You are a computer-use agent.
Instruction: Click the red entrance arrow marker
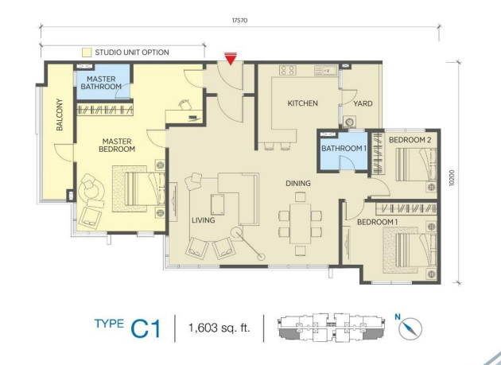tap(230, 59)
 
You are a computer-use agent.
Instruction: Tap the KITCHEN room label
tap(302, 103)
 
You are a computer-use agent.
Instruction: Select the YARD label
tap(363, 103)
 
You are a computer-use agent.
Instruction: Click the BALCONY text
tap(60, 115)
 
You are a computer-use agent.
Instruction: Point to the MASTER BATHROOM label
tap(101, 83)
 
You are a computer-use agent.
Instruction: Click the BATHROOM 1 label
tap(344, 148)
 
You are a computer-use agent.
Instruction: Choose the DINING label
tap(298, 184)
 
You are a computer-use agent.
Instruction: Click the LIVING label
tap(204, 220)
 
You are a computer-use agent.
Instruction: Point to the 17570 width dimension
tap(239, 21)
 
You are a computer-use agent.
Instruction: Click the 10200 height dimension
tap(452, 177)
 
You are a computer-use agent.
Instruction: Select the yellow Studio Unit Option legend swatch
tap(87, 52)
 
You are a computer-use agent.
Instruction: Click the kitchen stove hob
tap(288, 70)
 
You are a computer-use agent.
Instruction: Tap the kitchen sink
tap(325, 70)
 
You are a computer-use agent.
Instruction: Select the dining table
tap(301, 223)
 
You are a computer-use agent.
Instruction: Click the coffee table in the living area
tap(217, 204)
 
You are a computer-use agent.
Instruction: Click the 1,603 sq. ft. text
tap(219, 328)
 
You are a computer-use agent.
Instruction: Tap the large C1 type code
tap(146, 329)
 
